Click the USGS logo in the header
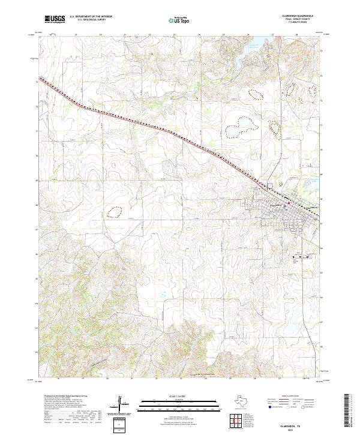[55, 19]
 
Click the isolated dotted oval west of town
[113, 211]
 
